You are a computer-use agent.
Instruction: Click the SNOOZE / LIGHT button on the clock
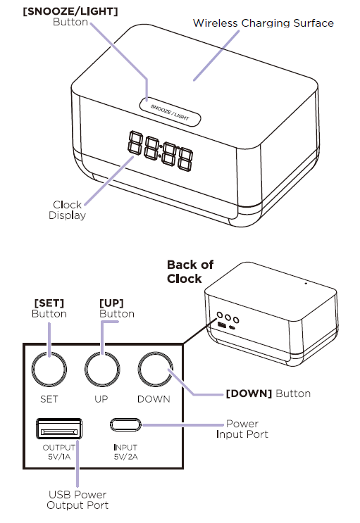(x=170, y=112)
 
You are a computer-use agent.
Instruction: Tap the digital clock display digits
(x=160, y=150)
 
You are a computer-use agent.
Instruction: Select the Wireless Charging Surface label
(x=263, y=23)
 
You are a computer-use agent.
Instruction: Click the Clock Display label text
(x=67, y=210)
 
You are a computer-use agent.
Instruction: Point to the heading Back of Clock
(x=190, y=272)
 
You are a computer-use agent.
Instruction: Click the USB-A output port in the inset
(x=58, y=429)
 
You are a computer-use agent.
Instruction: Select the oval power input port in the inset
(x=125, y=424)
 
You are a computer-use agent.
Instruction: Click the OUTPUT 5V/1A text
(x=58, y=452)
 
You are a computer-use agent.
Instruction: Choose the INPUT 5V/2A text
(x=125, y=452)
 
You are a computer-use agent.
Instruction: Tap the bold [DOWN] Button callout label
(x=268, y=393)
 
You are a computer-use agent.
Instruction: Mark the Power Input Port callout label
(x=242, y=429)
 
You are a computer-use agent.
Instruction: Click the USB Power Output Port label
(x=77, y=500)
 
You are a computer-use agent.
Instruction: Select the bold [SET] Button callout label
(x=49, y=308)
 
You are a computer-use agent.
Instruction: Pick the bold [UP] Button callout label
(x=117, y=308)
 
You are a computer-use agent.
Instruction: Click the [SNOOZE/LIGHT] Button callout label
(x=70, y=17)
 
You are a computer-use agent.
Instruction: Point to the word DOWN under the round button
(x=154, y=399)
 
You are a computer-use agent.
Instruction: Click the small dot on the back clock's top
(x=306, y=284)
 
